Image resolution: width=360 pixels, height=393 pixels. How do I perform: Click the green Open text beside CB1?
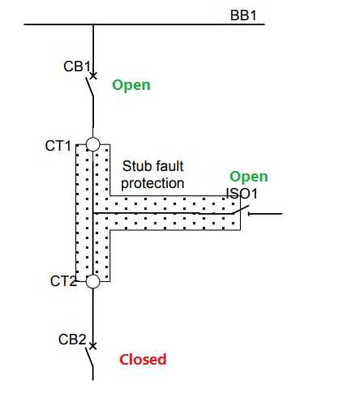pos(131,84)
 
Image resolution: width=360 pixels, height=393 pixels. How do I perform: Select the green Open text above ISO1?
pos(248,177)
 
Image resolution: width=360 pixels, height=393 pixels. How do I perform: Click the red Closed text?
pos(143,359)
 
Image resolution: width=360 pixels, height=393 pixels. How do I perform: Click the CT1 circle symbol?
pos(93,145)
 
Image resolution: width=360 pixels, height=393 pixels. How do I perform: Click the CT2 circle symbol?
pos(93,281)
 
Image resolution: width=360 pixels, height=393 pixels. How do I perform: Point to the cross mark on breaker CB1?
pos(93,76)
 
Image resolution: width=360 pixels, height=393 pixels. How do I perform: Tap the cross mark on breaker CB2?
pos(93,346)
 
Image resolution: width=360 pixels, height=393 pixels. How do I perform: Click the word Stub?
pos(135,166)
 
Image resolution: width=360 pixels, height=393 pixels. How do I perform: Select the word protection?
pos(153,183)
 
